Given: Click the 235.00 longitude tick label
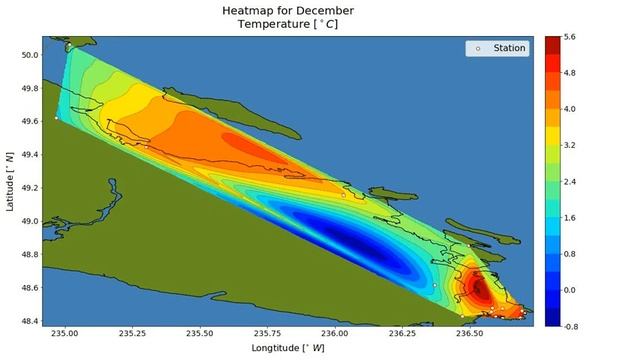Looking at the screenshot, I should point(65,334).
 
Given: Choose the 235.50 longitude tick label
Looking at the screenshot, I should point(200,334).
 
